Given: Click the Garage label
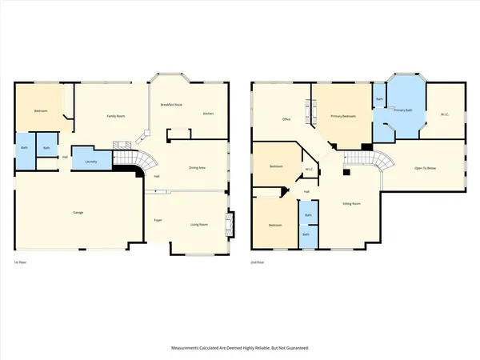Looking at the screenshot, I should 78,212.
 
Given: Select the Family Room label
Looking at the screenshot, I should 117,116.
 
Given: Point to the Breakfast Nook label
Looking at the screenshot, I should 172,106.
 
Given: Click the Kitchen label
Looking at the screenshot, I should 208,114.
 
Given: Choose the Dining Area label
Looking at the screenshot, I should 197,167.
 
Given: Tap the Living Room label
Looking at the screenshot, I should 200,225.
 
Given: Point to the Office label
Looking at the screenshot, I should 286,120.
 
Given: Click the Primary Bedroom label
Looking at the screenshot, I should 344,116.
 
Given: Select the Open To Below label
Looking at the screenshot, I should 426,167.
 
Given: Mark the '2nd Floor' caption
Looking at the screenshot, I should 258,262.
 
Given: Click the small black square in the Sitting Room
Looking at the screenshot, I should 346,171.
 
